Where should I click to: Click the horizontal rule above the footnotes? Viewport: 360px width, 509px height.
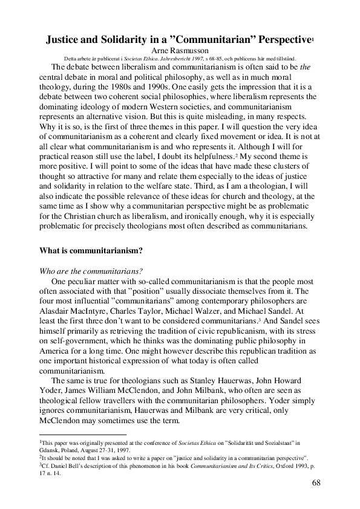82,435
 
